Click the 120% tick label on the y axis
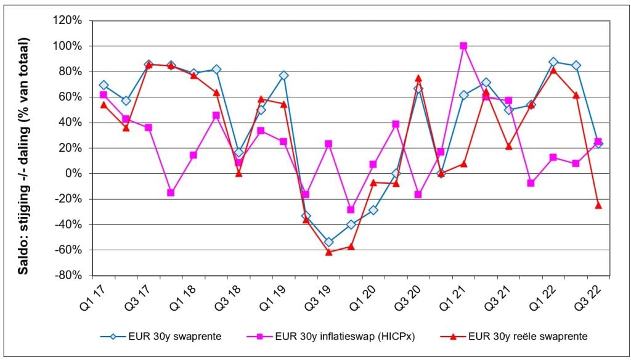click(69, 20)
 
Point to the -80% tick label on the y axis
click(70, 276)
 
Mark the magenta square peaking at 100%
click(463, 46)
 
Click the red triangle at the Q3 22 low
click(598, 205)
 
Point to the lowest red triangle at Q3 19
click(328, 252)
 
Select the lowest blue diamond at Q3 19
click(328, 242)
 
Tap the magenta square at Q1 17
click(104, 94)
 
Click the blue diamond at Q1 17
click(104, 85)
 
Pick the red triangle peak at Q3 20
click(418, 78)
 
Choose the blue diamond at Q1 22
click(553, 62)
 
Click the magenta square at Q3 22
click(598, 141)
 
